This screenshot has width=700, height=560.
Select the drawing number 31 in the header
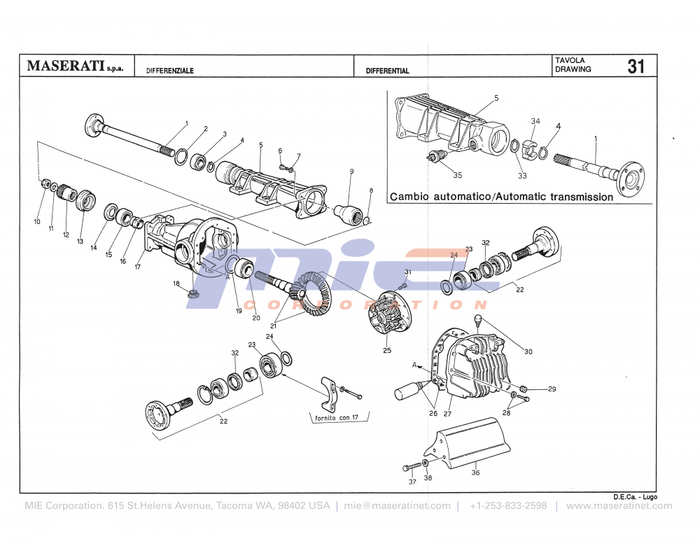[x=636, y=66]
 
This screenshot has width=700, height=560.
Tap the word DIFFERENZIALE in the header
[x=170, y=71]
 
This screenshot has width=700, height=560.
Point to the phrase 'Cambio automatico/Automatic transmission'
[x=501, y=197]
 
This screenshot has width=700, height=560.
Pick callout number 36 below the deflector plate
[x=475, y=473]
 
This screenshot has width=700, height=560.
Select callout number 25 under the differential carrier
[x=386, y=350]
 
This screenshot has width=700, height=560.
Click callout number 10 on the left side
[x=37, y=222]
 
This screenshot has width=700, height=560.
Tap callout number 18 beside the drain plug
[x=176, y=283]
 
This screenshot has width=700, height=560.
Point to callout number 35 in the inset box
[x=457, y=175]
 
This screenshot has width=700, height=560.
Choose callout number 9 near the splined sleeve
[x=351, y=171]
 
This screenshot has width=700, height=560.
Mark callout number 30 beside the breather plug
[x=528, y=351]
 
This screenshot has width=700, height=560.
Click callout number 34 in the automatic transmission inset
[x=535, y=121]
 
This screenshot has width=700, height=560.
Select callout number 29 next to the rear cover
[x=552, y=388]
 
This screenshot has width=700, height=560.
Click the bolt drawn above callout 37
[x=414, y=466]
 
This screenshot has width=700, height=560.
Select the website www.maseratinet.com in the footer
[x=619, y=505]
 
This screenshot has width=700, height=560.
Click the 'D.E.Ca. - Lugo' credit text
[x=635, y=496]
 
